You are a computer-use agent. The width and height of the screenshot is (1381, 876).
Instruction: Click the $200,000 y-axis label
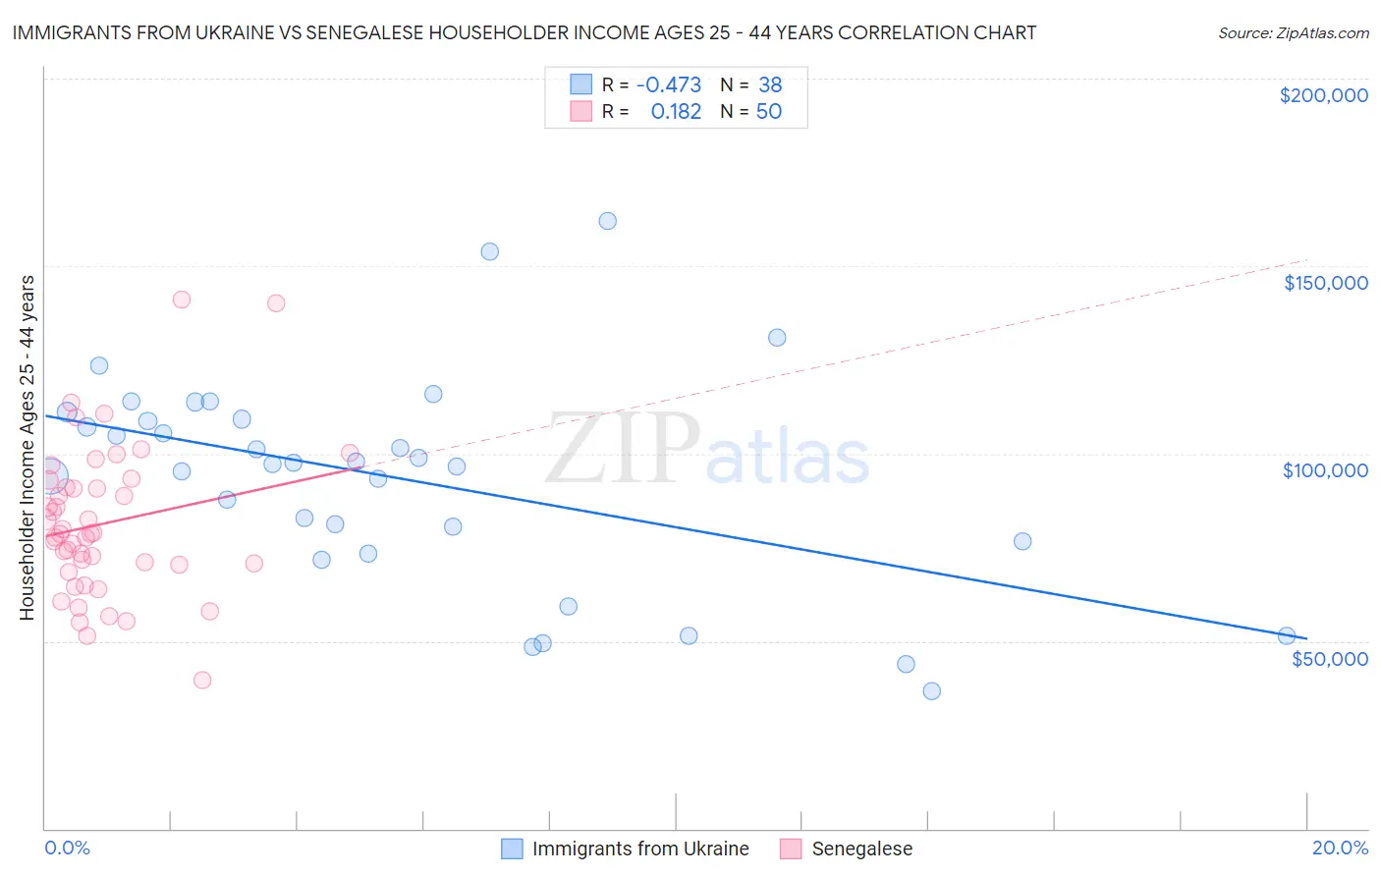[x=1323, y=95]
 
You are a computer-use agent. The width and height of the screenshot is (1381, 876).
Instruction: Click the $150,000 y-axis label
[x=1325, y=283]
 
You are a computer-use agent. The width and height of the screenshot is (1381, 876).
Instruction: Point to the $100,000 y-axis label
[x=1325, y=470]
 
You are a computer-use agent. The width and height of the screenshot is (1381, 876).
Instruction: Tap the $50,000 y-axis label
[x=1329, y=658]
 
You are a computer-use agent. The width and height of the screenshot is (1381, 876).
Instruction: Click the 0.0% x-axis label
[x=67, y=848]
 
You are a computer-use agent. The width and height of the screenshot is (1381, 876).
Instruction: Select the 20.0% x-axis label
[x=1340, y=848]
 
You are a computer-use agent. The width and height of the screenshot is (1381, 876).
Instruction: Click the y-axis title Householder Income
[x=27, y=447]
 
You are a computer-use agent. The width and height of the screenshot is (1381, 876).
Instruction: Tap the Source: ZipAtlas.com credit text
[x=1293, y=32]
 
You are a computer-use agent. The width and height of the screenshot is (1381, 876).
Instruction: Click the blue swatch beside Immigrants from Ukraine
[x=512, y=849]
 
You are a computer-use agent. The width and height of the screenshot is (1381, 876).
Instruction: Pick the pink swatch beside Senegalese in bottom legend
[x=791, y=849]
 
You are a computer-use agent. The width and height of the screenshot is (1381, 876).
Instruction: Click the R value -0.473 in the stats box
[x=668, y=84]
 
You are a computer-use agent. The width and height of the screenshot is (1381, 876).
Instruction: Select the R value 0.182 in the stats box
[x=676, y=112]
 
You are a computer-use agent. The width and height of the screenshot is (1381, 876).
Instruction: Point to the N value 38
[x=770, y=84]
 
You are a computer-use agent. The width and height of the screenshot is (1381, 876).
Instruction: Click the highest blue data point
[x=607, y=221]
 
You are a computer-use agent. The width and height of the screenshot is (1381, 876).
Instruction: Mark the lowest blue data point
[x=931, y=690]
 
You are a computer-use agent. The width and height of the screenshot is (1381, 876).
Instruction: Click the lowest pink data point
[x=202, y=680]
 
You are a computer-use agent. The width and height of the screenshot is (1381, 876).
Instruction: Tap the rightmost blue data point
[x=1286, y=635]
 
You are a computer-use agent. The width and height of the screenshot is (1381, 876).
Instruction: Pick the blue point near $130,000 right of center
[x=777, y=337]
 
